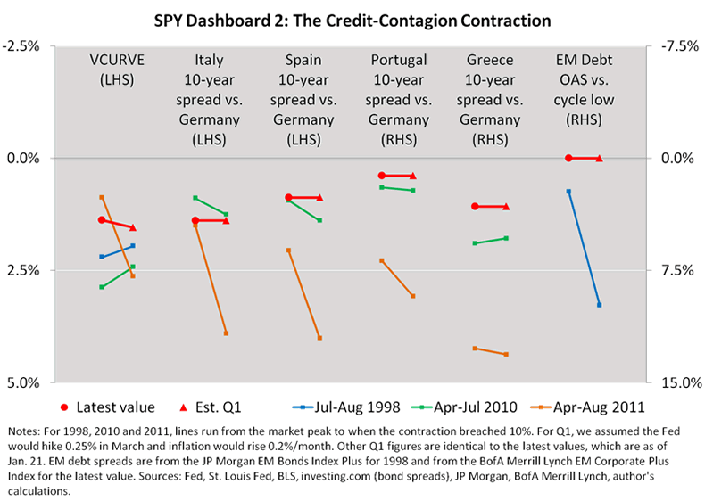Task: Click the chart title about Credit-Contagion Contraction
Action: [352, 18]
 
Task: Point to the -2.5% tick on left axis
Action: [29, 46]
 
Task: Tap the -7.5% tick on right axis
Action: [675, 46]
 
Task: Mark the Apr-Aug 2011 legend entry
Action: [595, 407]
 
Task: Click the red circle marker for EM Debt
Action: [568, 159]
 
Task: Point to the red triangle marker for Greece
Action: [506, 207]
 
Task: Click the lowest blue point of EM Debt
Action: [599, 305]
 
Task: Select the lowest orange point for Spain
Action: [319, 338]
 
